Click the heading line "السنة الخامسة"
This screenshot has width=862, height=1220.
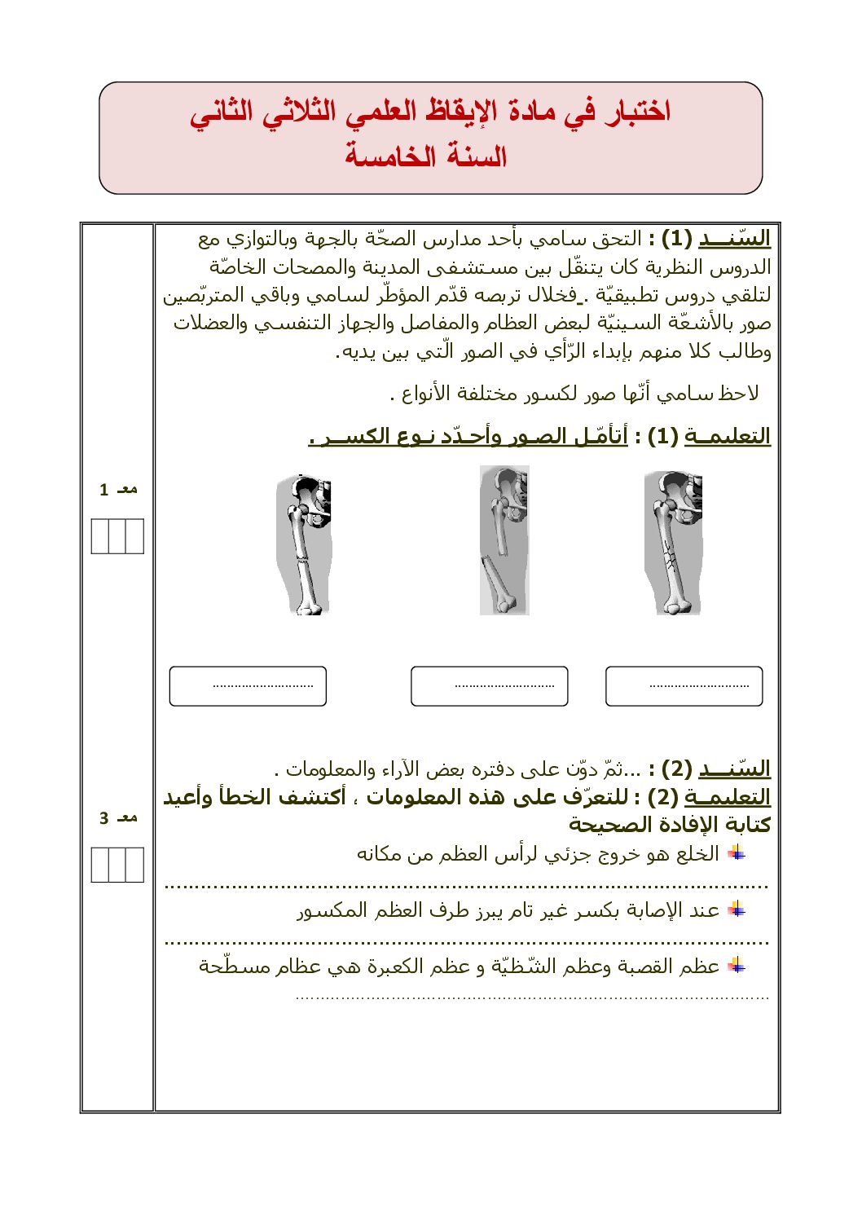click(x=425, y=156)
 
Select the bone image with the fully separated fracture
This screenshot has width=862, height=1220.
click(x=504, y=540)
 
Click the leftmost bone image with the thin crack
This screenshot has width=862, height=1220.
click(x=304, y=544)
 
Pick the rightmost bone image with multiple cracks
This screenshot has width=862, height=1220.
click(x=673, y=543)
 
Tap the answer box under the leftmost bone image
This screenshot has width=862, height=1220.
click(x=248, y=686)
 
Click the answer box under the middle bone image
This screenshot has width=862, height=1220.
click(x=489, y=686)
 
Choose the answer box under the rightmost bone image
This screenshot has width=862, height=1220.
click(x=684, y=686)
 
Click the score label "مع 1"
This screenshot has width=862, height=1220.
click(x=118, y=490)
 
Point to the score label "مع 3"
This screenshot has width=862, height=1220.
click(x=118, y=818)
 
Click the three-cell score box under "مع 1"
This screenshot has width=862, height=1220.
click(x=117, y=536)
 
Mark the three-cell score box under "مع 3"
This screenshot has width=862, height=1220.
click(x=117, y=865)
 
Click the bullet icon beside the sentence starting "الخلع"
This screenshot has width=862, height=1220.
click(x=737, y=852)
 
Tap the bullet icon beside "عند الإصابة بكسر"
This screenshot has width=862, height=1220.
click(x=737, y=909)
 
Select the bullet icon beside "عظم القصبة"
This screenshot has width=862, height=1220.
click(x=737, y=966)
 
